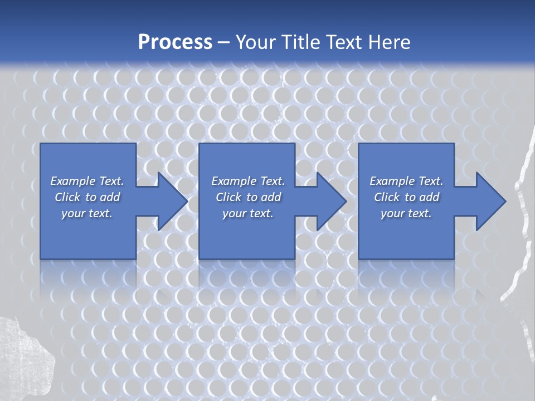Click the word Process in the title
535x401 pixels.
[175, 42]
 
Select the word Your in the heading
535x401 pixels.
[256, 42]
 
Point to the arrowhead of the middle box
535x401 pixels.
[332, 201]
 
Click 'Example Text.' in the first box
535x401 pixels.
[87, 181]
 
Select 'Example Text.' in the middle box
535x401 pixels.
[248, 181]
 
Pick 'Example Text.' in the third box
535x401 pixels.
[406, 181]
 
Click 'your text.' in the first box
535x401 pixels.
[87, 213]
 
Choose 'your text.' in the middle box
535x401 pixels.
[248, 213]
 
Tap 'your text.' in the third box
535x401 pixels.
[406, 213]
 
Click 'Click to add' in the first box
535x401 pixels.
[87, 197]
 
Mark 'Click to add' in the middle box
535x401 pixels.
[248, 197]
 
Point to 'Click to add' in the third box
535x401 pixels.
[406, 197]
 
